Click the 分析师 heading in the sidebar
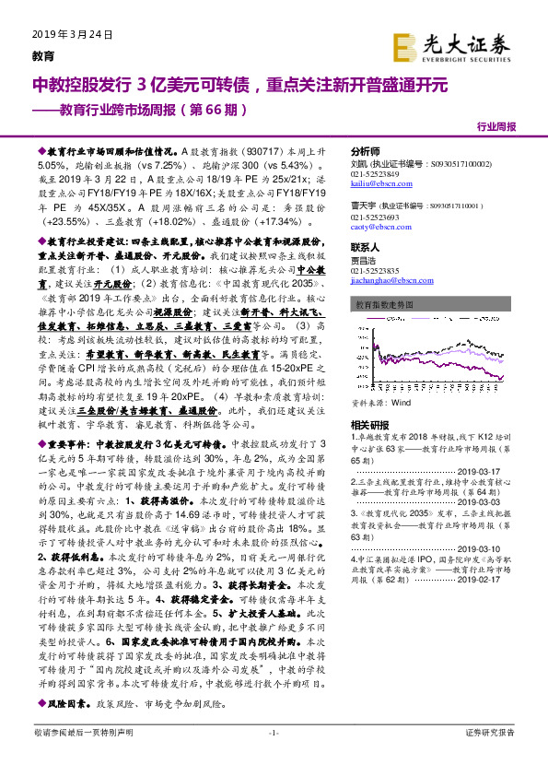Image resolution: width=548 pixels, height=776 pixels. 366,150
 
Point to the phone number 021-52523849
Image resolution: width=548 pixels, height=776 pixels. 375,173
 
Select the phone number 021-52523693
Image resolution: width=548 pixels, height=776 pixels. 375,217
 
